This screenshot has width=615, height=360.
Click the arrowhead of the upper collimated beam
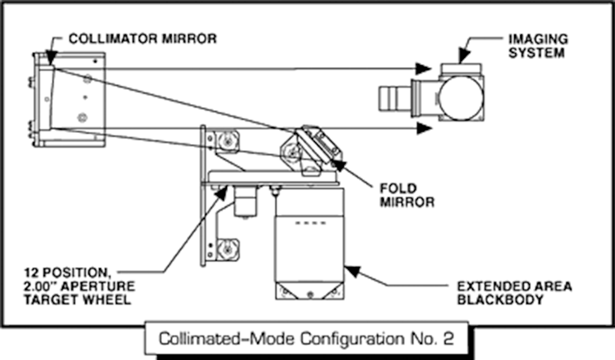pos(424,68)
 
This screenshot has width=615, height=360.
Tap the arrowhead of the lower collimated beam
pos(424,128)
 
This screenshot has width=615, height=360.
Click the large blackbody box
pos(308,246)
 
